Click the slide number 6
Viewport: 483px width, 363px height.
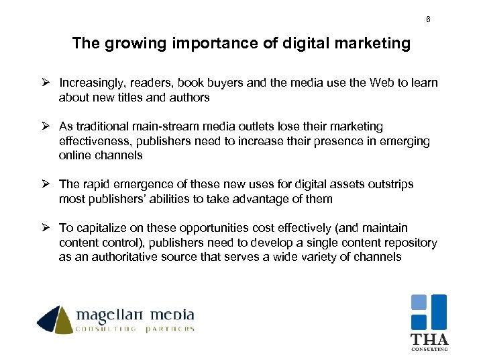point(428,19)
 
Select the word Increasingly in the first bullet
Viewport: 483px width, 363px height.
point(91,83)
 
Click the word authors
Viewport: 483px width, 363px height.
point(191,97)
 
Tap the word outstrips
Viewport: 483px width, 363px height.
point(390,184)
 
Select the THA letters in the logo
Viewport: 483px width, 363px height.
point(429,339)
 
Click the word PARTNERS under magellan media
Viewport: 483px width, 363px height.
point(170,329)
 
